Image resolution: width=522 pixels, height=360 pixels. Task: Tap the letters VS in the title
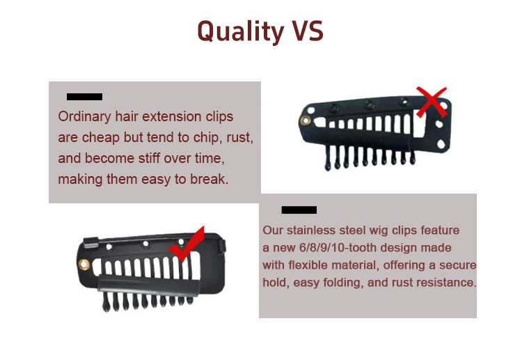[x=304, y=31]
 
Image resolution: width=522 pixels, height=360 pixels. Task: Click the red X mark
[x=432, y=102]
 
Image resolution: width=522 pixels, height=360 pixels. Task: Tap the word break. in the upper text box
[x=210, y=179]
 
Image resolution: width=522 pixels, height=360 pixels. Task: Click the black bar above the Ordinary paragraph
[x=84, y=97]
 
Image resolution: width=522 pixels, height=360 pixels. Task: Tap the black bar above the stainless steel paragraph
[x=299, y=210]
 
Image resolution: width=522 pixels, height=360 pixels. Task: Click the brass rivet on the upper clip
[x=305, y=121]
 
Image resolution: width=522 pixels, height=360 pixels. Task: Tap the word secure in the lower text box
[x=459, y=265]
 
